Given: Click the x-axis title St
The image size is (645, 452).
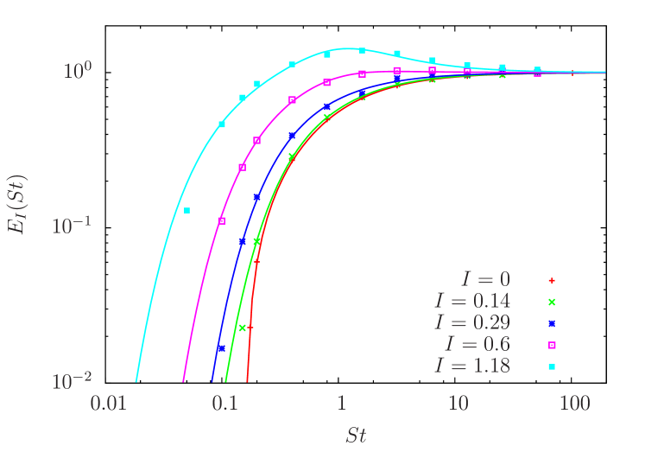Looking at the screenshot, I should point(356,435).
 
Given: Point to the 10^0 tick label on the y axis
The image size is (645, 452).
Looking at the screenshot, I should point(79,70).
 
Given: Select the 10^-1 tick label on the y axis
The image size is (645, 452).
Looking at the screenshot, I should point(74,226).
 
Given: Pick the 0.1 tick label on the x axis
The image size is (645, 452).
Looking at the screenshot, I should point(224,404).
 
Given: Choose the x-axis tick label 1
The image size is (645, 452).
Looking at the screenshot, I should point(341,404).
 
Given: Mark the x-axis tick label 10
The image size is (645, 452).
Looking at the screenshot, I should point(458,404).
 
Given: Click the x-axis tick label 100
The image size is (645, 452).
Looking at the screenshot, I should point(575,404).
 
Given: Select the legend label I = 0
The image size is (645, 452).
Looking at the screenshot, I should point(484,280).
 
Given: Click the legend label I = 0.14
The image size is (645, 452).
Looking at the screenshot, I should point(471,302).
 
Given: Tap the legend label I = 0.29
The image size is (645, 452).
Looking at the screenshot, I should point(471,323).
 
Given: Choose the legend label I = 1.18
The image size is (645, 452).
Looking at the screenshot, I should point(471,366).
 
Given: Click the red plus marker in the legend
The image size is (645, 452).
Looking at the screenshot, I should point(551,280).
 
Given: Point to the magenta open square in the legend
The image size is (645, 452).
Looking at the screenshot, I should point(551,345).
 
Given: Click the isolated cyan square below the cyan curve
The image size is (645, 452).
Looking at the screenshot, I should point(187,210).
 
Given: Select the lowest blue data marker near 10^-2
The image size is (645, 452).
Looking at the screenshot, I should point(222,348).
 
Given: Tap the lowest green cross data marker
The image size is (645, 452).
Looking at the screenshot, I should point(243,328).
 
